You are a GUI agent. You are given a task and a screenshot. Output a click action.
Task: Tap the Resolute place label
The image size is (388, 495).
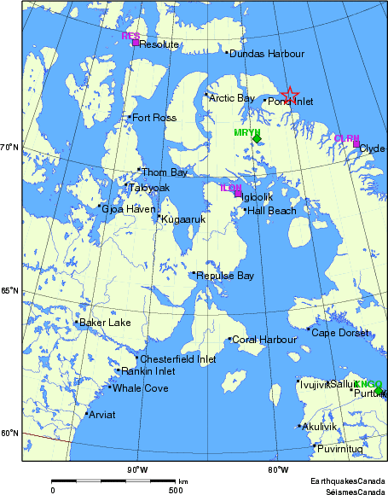point(159,44)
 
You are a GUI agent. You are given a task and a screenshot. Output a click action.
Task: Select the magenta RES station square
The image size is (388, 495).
point(136,43)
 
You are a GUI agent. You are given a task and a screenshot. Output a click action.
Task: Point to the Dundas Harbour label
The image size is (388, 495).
point(267,54)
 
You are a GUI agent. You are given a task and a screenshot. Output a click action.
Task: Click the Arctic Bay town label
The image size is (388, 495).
point(232,98)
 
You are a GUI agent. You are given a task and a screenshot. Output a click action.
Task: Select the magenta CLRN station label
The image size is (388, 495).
point(346,138)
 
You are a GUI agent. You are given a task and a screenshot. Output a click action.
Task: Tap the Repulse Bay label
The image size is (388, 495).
point(225,276)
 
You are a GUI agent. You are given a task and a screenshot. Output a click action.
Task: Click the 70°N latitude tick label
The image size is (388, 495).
point(9,148)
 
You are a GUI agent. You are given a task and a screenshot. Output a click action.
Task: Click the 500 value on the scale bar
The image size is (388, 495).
point(175,490)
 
